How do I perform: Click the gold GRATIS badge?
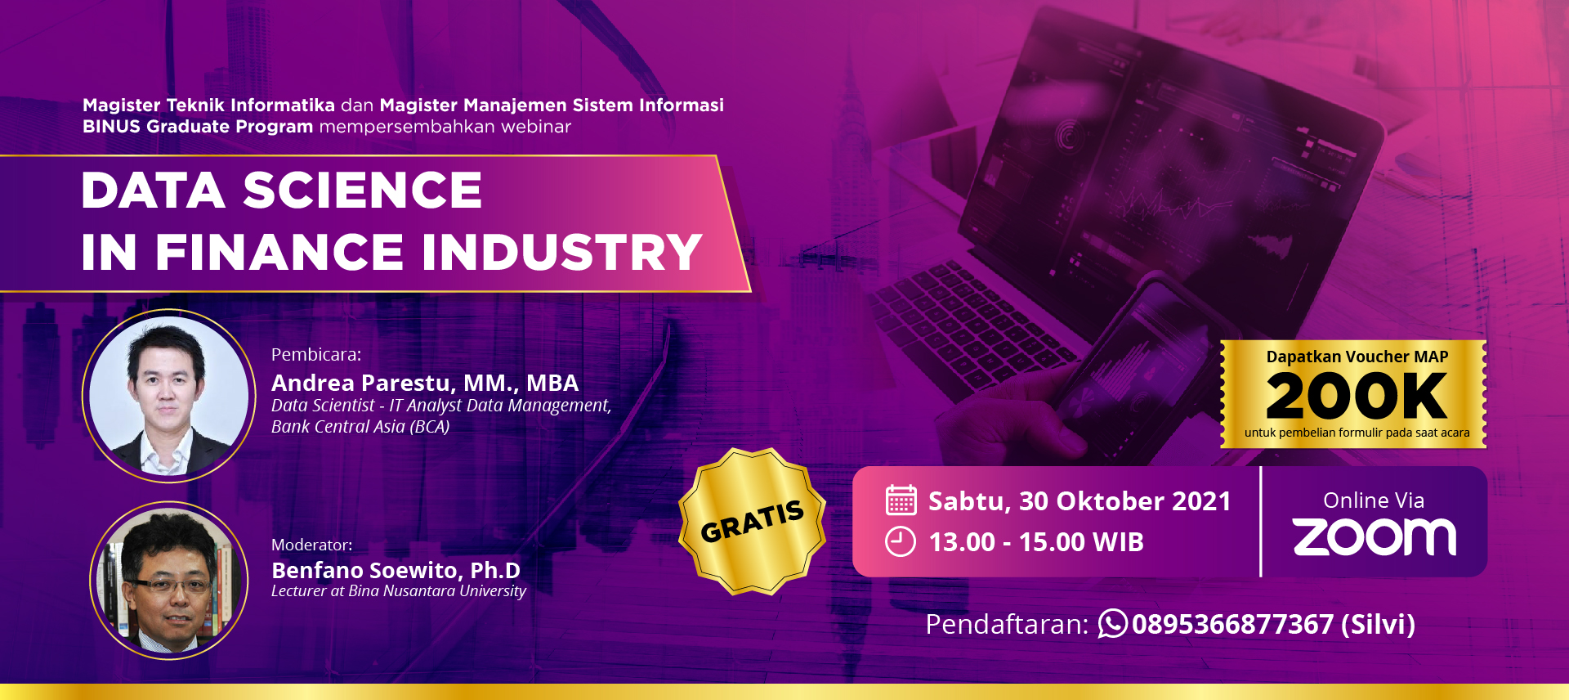(x=753, y=521)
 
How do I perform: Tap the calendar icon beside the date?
(x=901, y=500)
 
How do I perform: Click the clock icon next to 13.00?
(x=901, y=542)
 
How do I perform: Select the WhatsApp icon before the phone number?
(x=1112, y=624)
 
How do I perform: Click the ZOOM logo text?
(x=1375, y=537)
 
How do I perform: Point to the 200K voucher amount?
(x=1357, y=396)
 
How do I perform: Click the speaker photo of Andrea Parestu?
(x=169, y=396)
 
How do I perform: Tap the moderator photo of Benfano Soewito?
(x=169, y=581)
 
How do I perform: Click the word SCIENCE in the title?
(x=362, y=191)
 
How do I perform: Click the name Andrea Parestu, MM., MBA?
(x=425, y=383)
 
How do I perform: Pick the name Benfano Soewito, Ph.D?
(x=396, y=570)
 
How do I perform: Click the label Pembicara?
(x=316, y=355)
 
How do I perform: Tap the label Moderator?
(x=312, y=545)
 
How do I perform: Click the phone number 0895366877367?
(x=1232, y=625)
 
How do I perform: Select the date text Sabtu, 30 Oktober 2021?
(x=1080, y=500)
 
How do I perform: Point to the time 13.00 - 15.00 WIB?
(x=1036, y=542)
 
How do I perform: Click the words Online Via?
(x=1374, y=500)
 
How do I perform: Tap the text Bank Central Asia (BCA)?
(x=360, y=427)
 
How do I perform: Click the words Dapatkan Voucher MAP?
(x=1357, y=357)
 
